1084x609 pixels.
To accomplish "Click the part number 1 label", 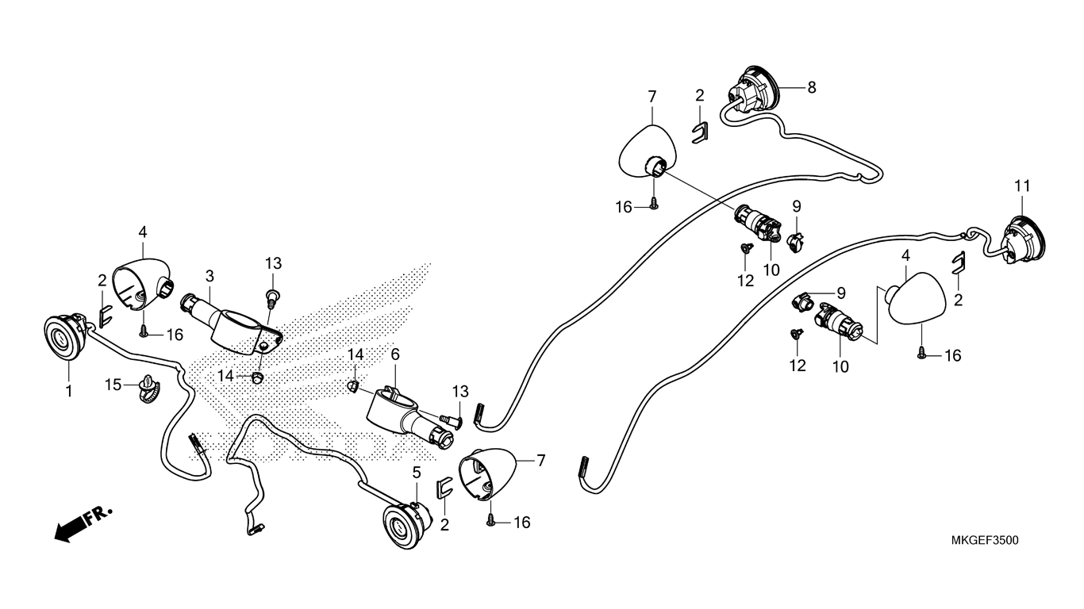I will click(x=68, y=391).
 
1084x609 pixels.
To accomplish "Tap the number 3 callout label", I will click(x=209, y=276).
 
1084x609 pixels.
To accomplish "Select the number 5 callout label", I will click(x=417, y=473).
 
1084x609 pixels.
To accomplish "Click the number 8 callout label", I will click(x=811, y=88).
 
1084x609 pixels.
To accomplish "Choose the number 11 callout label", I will click(x=1022, y=186).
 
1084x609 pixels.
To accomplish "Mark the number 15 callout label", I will click(x=113, y=385).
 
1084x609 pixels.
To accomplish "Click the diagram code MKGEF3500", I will click(x=984, y=540).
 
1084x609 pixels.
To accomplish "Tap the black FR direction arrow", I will click(x=83, y=524).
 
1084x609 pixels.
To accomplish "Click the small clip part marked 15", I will click(x=149, y=385).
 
